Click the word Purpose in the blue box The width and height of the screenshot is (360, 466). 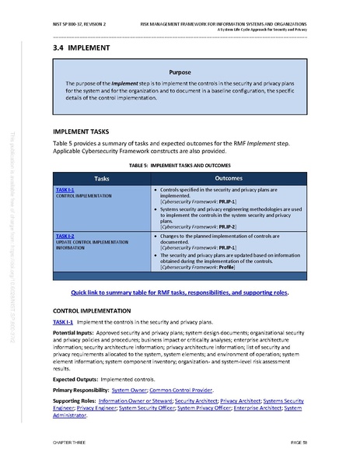click(x=179, y=72)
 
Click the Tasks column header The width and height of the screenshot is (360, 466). click(x=101, y=179)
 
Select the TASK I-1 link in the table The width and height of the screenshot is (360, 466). click(x=65, y=191)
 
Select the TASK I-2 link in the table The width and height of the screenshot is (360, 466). click(x=65, y=236)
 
